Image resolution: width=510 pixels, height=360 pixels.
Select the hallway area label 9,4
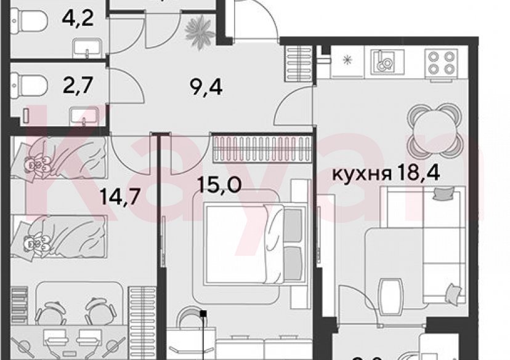206,87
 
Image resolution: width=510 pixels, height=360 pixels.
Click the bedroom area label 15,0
221,183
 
